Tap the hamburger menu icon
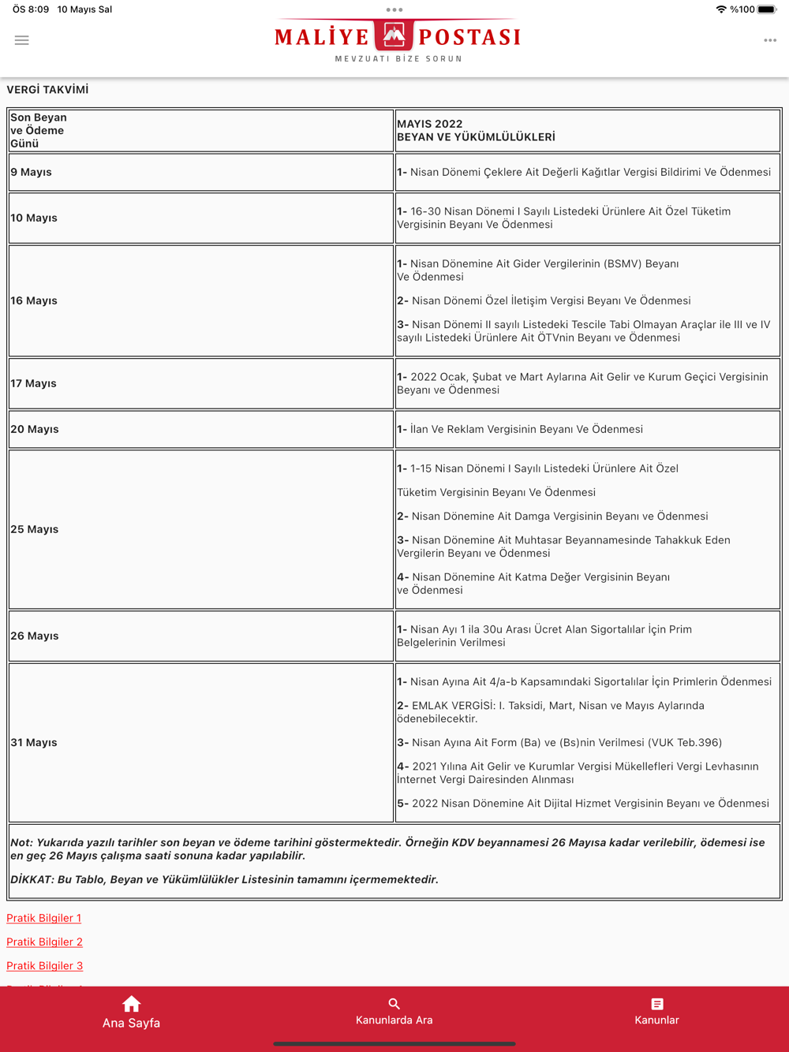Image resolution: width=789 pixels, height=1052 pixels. click(x=22, y=40)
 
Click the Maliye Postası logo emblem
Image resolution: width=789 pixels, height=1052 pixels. click(x=394, y=35)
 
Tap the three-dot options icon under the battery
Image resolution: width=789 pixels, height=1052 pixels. click(x=770, y=40)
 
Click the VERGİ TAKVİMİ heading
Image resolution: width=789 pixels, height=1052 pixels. click(x=47, y=90)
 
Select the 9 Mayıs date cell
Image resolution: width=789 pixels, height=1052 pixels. click(x=32, y=172)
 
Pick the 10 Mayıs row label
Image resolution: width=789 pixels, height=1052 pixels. click(x=34, y=218)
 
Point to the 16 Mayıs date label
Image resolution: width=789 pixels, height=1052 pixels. click(x=34, y=300)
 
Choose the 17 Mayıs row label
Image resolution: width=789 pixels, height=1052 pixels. click(x=34, y=383)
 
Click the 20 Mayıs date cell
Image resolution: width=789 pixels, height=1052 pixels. click(x=35, y=429)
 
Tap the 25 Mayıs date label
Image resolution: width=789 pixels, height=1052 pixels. click(x=35, y=529)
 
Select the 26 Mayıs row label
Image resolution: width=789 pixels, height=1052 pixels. click(x=35, y=636)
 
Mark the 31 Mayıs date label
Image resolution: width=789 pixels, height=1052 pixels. click(x=34, y=742)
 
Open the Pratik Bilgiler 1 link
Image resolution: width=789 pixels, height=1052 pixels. click(x=44, y=918)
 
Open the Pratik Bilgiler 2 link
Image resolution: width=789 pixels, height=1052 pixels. click(x=44, y=942)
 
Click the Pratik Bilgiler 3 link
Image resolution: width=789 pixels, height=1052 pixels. click(x=44, y=965)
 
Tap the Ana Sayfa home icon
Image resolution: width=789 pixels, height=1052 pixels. click(x=131, y=1004)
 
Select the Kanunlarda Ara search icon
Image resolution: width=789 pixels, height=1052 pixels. click(x=394, y=1004)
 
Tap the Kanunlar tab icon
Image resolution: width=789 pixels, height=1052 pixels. click(x=656, y=1004)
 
